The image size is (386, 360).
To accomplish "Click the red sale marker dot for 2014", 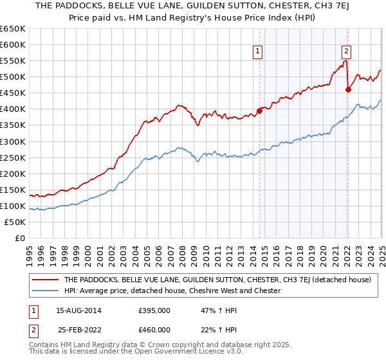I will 260,111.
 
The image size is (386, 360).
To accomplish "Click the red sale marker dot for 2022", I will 348,89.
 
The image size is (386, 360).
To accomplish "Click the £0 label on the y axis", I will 20,239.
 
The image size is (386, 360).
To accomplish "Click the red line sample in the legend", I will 45,280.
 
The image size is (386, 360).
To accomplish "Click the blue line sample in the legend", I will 45,291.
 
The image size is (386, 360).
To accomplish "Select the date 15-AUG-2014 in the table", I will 79,310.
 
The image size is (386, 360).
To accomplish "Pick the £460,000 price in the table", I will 154,329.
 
